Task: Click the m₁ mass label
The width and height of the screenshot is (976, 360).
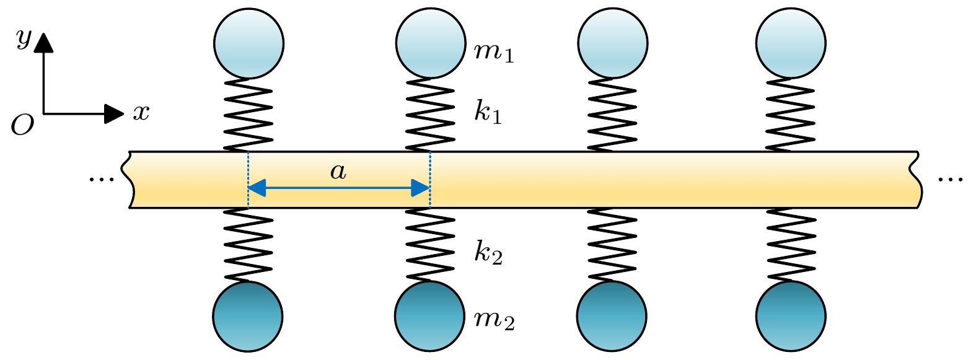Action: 494,52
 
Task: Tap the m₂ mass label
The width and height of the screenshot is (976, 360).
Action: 494,319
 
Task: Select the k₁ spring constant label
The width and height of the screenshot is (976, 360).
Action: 488,112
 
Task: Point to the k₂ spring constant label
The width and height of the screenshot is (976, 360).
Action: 488,252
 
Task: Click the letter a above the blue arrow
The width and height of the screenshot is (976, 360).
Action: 338,171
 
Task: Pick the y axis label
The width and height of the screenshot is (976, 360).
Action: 24,38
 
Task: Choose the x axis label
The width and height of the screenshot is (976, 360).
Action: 141,112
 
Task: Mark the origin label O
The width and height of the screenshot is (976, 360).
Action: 22,126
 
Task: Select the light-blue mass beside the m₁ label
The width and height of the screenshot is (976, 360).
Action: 431,43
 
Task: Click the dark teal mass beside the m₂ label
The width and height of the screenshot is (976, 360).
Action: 430,316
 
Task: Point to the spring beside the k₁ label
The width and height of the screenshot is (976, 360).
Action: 431,115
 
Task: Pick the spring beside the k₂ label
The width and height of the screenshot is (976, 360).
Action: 431,245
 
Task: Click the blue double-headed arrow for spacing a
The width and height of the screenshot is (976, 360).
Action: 338,187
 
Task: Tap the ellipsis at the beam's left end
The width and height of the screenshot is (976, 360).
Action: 102,179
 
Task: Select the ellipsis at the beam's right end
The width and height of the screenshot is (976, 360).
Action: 951,179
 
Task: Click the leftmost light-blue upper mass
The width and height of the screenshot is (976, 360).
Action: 249,43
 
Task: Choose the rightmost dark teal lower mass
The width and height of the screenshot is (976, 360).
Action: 791,316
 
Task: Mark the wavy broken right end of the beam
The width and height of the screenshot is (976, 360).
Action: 917,179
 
